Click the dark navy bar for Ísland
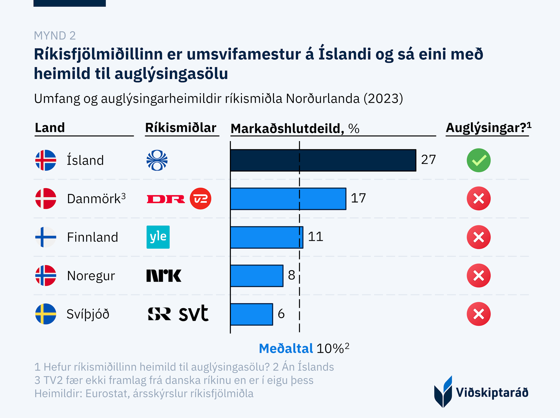pos(323,160)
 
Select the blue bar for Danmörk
pos(288,199)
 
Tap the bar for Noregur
pos(257,276)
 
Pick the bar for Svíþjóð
pos(251,314)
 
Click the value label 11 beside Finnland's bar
pos(316,237)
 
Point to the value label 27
pos(428,160)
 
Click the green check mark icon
pos(479,160)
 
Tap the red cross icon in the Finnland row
pos(479,237)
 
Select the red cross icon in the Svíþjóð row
pos(479,314)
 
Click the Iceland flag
pos(46,160)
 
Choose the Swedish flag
pos(46,314)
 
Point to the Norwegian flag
pos(46,275)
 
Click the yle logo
pos(158,237)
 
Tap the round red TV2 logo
pos(200,199)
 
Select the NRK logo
pos(164,275)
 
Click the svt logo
pos(193,313)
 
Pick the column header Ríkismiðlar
pos(181,128)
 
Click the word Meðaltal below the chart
pos(286,349)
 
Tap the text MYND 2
pos(55,36)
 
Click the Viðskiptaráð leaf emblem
pos(443,392)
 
